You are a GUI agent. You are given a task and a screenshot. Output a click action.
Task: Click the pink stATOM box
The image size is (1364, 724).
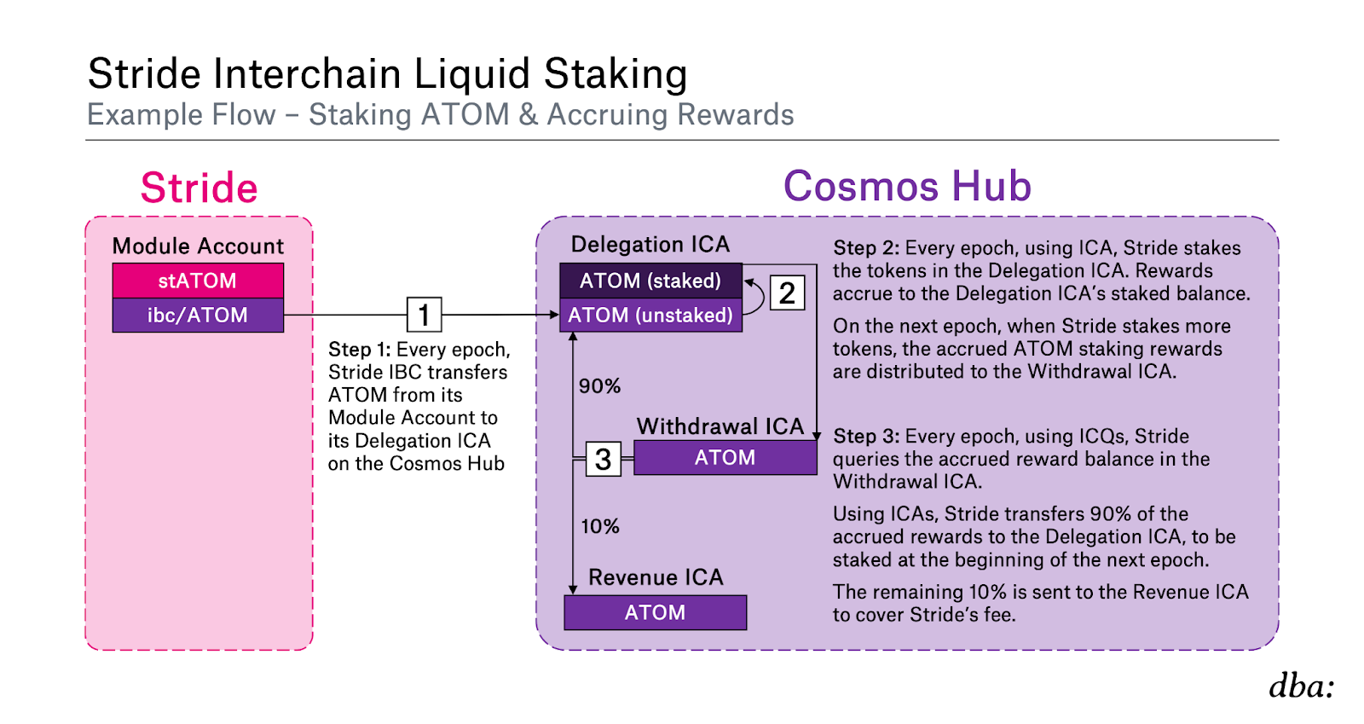(x=198, y=281)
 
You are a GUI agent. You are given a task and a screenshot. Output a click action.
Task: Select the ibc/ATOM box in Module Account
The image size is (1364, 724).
(x=198, y=316)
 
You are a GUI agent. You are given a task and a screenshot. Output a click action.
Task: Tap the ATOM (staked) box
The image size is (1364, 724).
(x=651, y=281)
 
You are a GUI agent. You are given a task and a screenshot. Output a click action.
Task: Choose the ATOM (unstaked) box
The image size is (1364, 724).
(x=651, y=316)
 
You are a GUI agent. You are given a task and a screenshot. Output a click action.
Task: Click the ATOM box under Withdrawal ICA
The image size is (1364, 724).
(x=725, y=457)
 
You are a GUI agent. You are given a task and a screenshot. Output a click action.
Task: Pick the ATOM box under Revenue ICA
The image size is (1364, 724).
(x=656, y=612)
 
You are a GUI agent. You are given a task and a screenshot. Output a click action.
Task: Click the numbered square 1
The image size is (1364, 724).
(x=425, y=315)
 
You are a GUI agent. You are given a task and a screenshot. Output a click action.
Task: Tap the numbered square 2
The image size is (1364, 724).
(x=788, y=292)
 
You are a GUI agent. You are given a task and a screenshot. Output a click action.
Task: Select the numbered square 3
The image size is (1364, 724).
(x=604, y=459)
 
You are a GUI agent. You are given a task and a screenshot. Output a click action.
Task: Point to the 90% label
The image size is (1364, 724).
(x=600, y=386)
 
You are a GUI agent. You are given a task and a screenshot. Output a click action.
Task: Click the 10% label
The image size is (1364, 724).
(x=600, y=526)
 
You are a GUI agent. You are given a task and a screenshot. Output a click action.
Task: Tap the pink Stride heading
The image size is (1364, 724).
(x=199, y=188)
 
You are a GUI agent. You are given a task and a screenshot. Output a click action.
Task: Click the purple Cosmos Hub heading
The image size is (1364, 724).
(x=907, y=186)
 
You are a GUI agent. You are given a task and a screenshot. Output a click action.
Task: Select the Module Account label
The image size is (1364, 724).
(x=198, y=246)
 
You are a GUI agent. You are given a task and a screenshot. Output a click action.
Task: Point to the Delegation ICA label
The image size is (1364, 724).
(x=650, y=244)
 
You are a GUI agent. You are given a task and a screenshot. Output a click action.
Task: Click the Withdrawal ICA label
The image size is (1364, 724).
(x=720, y=426)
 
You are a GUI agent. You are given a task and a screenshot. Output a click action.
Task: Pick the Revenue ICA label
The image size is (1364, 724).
(x=656, y=577)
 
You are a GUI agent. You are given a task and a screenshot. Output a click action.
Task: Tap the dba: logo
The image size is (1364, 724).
(x=1301, y=686)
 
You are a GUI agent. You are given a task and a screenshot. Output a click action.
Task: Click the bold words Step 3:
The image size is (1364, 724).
(x=866, y=437)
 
